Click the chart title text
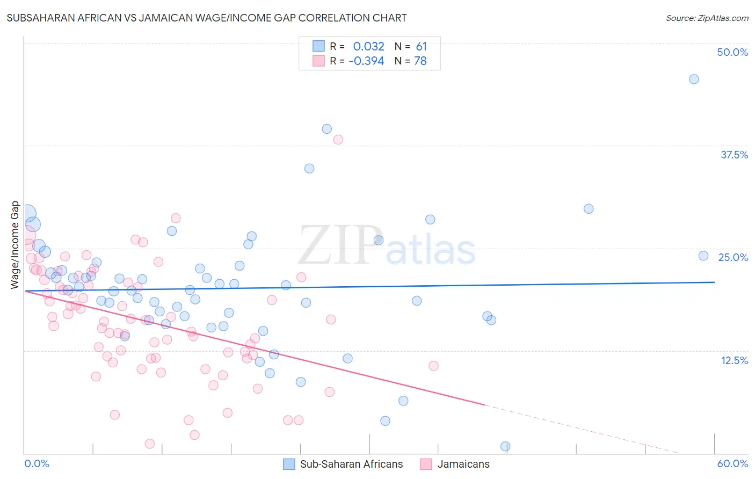click(x=207, y=18)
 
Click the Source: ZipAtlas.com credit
click(x=707, y=18)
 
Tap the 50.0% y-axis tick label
click(x=732, y=52)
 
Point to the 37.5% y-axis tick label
click(x=734, y=155)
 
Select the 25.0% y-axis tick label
click(x=733, y=257)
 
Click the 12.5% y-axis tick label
click(x=734, y=360)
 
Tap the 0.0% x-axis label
click(x=37, y=463)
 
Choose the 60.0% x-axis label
click(x=732, y=463)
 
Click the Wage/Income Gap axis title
click(x=15, y=245)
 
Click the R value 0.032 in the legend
click(x=368, y=46)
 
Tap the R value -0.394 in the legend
click(x=366, y=61)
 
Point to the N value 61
click(x=421, y=46)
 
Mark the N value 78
click(x=420, y=61)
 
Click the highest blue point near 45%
click(x=694, y=79)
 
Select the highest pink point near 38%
click(x=338, y=140)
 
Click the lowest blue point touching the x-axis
click(x=505, y=446)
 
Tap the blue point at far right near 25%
click(x=703, y=256)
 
